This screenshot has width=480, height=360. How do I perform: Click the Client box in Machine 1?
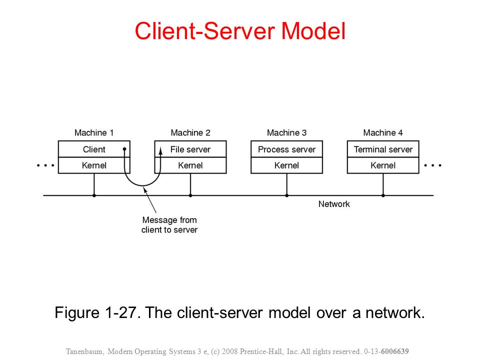(94, 149)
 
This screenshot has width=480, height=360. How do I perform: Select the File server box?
(190, 149)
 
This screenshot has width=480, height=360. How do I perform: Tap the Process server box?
(287, 149)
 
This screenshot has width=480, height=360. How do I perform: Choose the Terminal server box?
(383, 149)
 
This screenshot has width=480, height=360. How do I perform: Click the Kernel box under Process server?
(287, 165)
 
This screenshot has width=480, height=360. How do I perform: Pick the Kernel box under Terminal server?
(383, 165)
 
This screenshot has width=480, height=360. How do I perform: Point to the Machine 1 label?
(94, 132)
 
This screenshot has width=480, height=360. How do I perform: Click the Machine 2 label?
(190, 132)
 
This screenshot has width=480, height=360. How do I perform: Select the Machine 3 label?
(287, 132)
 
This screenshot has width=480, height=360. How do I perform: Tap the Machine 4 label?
(383, 132)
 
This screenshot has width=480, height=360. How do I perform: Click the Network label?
(334, 204)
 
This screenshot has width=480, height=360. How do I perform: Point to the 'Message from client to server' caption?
(169, 224)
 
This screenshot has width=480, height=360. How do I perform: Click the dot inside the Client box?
(124, 149)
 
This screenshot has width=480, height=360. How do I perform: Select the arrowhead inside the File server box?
(160, 151)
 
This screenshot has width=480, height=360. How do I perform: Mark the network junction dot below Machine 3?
(287, 195)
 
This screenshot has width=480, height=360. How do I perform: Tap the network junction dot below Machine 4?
(383, 195)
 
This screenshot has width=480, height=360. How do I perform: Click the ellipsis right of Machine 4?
(432, 165)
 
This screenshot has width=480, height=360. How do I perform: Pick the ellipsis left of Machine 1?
(45, 165)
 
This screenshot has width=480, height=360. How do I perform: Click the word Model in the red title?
(313, 31)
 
